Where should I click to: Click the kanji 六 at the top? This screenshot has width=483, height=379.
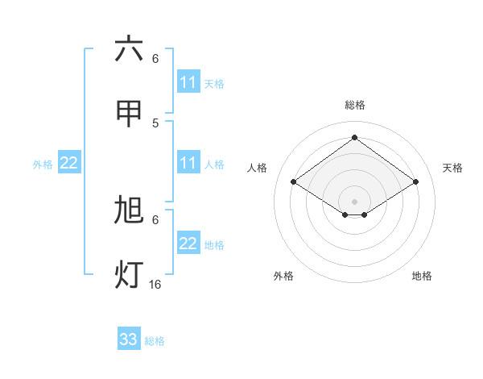pyautogui.click(x=129, y=49)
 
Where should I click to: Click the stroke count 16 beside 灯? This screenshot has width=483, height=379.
pyautogui.click(x=155, y=284)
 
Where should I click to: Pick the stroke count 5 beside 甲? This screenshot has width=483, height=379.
pyautogui.click(x=155, y=123)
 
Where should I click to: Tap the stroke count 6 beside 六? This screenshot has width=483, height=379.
pyautogui.click(x=155, y=58)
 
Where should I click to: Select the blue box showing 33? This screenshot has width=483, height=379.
pyautogui.click(x=129, y=339)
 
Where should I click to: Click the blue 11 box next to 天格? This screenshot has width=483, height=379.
pyautogui.click(x=188, y=82)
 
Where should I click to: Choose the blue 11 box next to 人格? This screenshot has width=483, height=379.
pyautogui.click(x=188, y=163)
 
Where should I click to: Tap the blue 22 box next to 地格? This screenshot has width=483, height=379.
pyautogui.click(x=188, y=244)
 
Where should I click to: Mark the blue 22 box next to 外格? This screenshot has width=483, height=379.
pyautogui.click(x=69, y=163)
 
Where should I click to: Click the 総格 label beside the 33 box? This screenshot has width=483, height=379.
pyautogui.click(x=155, y=341)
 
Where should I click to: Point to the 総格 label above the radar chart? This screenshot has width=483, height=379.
pyautogui.click(x=354, y=105)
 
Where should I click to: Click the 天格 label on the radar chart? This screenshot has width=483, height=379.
pyautogui.click(x=452, y=168)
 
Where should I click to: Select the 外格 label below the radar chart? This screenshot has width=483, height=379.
pyautogui.click(x=283, y=276)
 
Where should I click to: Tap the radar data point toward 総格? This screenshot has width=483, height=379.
pyautogui.click(x=354, y=138)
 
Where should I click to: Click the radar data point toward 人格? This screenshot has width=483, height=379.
pyautogui.click(x=294, y=182)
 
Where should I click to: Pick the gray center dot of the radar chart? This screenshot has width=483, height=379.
pyautogui.click(x=354, y=201)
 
